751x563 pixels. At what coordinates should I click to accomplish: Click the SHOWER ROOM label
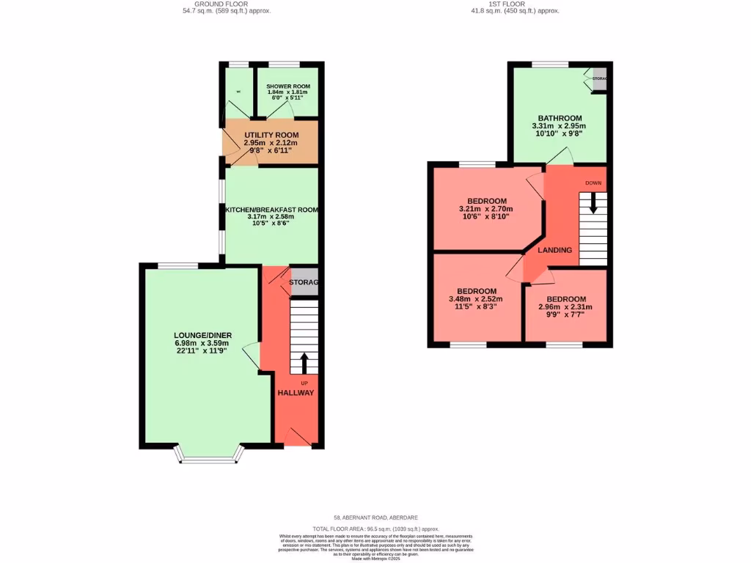coord(288,87)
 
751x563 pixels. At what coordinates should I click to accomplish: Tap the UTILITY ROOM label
coord(271,136)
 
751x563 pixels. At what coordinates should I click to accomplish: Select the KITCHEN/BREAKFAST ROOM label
coord(272,210)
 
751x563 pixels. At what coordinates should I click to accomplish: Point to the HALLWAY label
coord(296,393)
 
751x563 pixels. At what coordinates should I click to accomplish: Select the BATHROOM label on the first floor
coord(560,118)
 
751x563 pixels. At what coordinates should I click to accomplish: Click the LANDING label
coord(555,250)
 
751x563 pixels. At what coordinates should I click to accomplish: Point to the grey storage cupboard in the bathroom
coord(600,79)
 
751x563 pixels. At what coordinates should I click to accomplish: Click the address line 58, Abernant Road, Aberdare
coord(375,518)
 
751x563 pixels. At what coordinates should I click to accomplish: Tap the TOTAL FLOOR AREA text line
coord(375,528)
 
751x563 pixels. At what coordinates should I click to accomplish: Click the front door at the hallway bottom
coord(296,438)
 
